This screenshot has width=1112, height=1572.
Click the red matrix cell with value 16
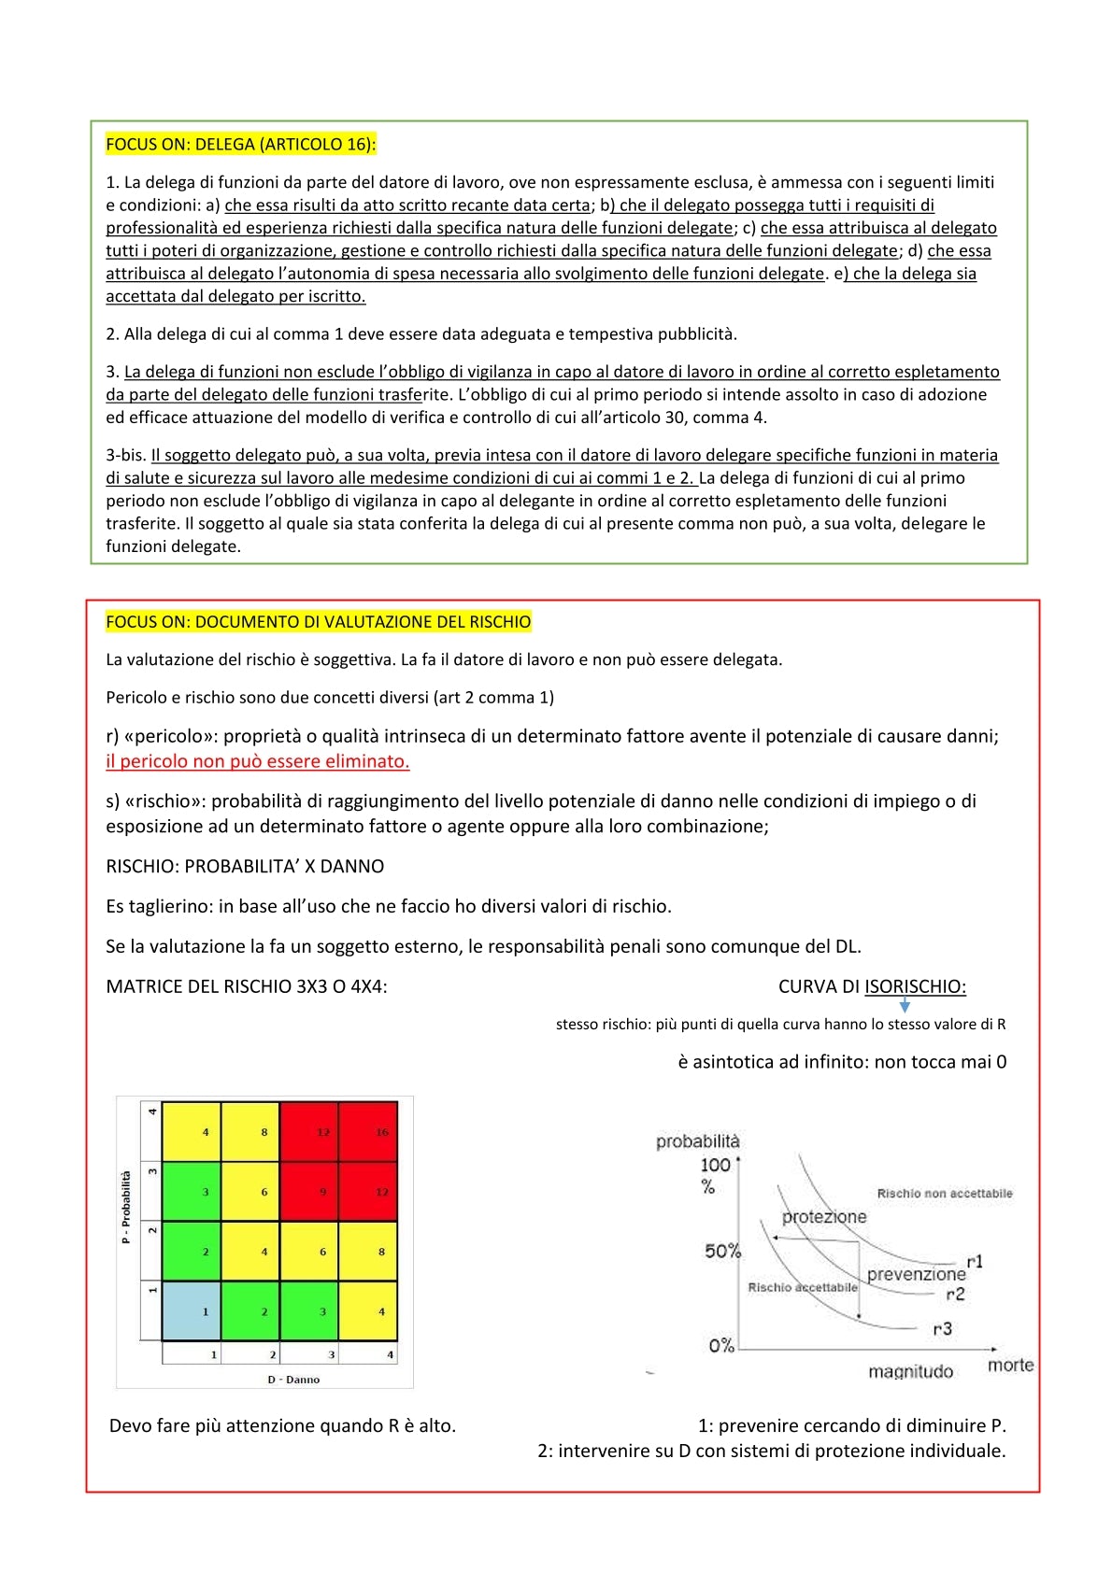pyautogui.click(x=368, y=1131)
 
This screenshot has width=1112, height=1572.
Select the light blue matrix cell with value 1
pyautogui.click(x=192, y=1310)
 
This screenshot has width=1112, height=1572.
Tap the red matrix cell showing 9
pyautogui.click(x=309, y=1191)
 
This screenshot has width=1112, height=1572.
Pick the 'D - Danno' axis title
pyautogui.click(x=293, y=1380)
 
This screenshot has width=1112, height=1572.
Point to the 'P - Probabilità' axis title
pyautogui.click(x=126, y=1207)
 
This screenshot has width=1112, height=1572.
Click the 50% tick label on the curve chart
pyautogui.click(x=722, y=1251)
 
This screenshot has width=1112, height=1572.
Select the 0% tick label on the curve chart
pyautogui.click(x=720, y=1346)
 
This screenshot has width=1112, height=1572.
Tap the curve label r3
pyautogui.click(x=942, y=1328)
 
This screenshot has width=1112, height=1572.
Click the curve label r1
pyautogui.click(x=975, y=1262)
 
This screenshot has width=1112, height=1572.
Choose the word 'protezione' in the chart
pyautogui.click(x=824, y=1217)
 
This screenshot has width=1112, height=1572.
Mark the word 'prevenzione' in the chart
pyautogui.click(x=916, y=1274)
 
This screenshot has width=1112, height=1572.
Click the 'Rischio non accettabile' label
pyautogui.click(x=944, y=1194)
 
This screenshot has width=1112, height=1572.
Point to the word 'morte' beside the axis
pyautogui.click(x=1010, y=1365)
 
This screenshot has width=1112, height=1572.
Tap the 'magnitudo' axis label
pyautogui.click(x=910, y=1371)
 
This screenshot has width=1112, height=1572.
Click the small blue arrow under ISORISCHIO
pyautogui.click(x=905, y=1006)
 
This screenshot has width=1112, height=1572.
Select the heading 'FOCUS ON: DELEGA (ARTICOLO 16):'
pyautogui.click(x=241, y=144)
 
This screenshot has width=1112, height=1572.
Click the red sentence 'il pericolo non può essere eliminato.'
pyautogui.click(x=258, y=761)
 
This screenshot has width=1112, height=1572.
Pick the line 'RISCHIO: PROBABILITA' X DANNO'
pyautogui.click(x=245, y=866)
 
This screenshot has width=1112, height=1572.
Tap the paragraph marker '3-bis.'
pyautogui.click(x=126, y=455)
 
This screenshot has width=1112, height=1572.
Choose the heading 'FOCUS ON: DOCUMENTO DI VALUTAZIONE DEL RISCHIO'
pyautogui.click(x=319, y=622)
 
